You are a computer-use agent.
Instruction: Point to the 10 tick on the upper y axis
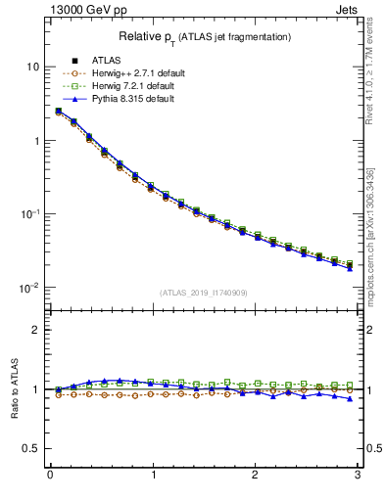(x=33, y=67)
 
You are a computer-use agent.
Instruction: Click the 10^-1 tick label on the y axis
(x=30, y=214)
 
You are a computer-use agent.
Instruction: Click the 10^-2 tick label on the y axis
(x=30, y=288)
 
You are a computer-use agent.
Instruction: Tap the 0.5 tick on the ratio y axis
(x=32, y=448)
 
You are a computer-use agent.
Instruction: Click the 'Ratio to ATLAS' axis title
(x=13, y=389)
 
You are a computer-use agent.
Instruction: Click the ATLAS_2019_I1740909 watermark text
(x=204, y=293)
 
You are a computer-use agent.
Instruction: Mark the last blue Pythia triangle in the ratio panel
(x=350, y=398)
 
